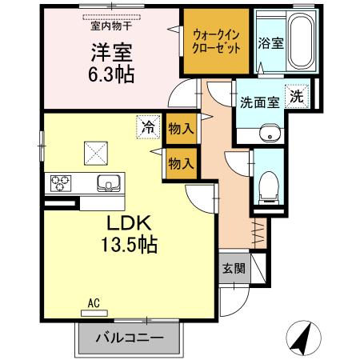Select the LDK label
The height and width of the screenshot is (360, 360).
coord(122,222)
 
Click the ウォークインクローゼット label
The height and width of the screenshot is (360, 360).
coord(214,41)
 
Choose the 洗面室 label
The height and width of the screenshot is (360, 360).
coord(256,102)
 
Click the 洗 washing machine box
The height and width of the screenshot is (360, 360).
coord(296,97)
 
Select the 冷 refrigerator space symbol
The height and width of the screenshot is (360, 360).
coord(147,126)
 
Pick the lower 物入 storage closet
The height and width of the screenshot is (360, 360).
coord(180,163)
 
